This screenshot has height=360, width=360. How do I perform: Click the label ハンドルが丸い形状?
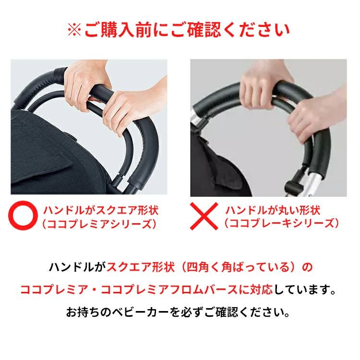coord(273,210)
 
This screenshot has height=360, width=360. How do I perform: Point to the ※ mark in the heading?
coord(75,31)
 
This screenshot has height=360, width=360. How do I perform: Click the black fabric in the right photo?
coord(216,163)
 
